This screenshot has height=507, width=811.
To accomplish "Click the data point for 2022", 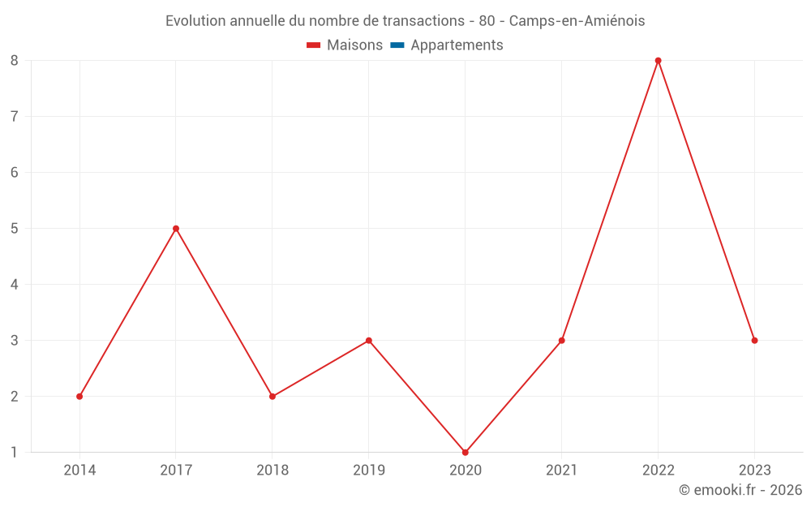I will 658,60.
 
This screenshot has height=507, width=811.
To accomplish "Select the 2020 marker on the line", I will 465,452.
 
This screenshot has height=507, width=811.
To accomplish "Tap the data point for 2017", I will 175,228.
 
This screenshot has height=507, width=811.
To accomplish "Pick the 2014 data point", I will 79,396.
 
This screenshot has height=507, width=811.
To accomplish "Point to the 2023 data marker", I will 754,340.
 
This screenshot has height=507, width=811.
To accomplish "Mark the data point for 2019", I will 368,340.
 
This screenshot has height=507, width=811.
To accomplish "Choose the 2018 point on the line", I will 272,396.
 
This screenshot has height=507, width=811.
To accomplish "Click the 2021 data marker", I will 561,340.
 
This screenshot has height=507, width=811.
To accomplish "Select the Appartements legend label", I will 457,45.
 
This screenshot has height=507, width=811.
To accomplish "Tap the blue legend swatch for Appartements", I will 397,45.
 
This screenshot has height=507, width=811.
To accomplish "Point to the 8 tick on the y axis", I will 15,60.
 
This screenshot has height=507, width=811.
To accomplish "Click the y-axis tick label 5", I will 15,228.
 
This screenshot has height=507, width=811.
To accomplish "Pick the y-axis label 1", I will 15,452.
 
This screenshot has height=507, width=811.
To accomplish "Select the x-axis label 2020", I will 465,470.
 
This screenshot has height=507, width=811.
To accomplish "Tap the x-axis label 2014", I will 79,470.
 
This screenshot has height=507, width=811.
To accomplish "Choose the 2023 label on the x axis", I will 754,470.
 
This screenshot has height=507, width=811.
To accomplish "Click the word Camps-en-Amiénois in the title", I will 577,21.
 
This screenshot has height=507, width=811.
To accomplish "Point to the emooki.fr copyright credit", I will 740,490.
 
